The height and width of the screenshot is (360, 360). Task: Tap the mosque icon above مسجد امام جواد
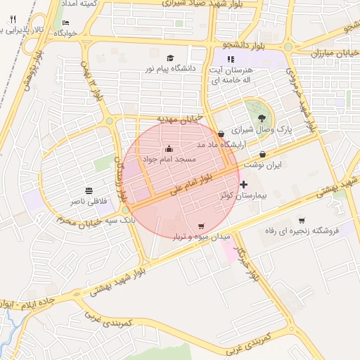coord(169,148)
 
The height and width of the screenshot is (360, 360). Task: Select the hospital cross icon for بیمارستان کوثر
coord(244,184)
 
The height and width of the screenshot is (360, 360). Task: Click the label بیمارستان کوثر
coord(243,195)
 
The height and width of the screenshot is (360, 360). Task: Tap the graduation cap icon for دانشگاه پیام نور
coord(169,58)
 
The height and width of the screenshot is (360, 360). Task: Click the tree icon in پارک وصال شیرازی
coord(262,118)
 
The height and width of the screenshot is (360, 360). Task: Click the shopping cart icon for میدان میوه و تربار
coord(202,226)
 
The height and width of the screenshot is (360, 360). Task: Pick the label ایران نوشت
coord(262,165)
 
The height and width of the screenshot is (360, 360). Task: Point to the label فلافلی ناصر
coord(89,201)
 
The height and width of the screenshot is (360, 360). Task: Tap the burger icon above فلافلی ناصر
coord(89,191)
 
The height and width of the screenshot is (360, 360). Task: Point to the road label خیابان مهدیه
coord(180,118)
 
